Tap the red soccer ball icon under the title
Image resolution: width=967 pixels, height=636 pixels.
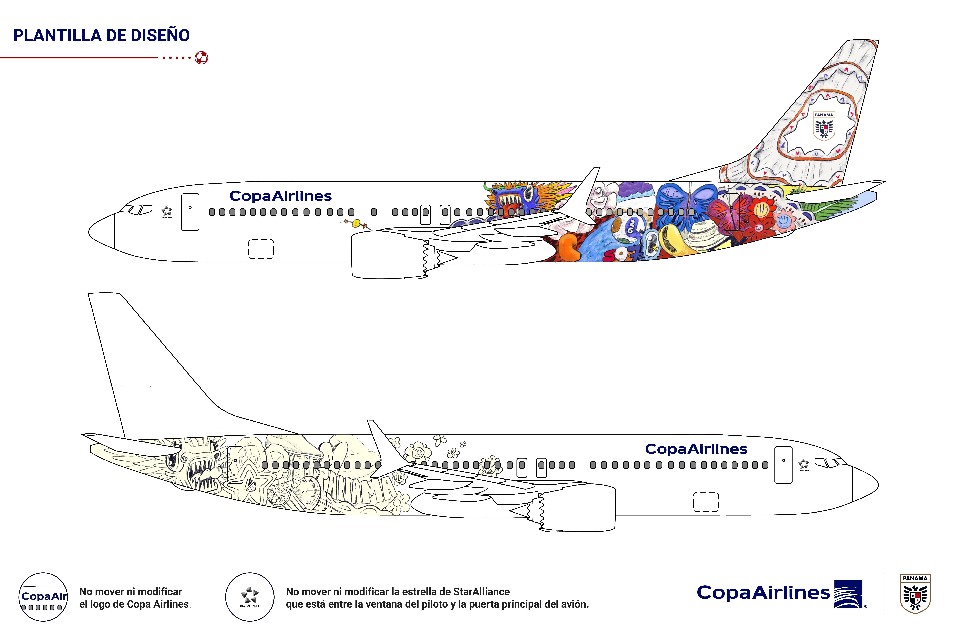202,58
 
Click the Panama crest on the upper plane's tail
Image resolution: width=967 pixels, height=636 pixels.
824,126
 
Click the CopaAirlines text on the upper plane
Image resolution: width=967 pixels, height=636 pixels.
280,196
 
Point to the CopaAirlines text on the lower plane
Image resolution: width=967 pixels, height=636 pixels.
696,449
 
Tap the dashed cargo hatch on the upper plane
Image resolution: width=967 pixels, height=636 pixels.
261,249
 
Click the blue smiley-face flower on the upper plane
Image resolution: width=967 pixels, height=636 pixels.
784,221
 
